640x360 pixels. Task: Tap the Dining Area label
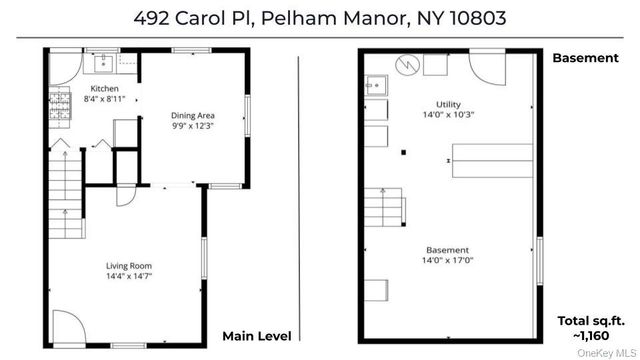pos(192,116)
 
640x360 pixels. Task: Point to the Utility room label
pos(447,104)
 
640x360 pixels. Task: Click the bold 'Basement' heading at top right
pos(585,58)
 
